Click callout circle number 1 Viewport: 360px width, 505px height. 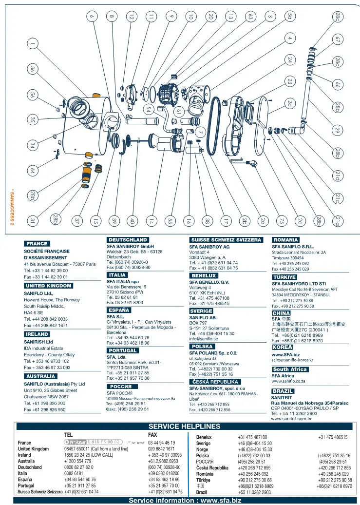coord(32,44)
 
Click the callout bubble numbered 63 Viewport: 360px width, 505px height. coord(250,17)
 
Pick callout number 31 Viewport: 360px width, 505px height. coord(32,221)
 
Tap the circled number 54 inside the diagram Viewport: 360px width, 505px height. coord(148,109)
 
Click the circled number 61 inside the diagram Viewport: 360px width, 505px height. coord(179,111)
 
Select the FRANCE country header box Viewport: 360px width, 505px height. coord(37,244)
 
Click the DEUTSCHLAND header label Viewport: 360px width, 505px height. coord(127,240)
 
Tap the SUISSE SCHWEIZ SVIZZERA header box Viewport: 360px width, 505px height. coord(226,240)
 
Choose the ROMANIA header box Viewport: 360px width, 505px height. coord(285,240)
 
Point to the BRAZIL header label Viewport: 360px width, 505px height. coord(283,391)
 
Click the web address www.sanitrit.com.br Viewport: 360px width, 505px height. coord(291,418)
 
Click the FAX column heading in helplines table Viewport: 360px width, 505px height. coord(152,434)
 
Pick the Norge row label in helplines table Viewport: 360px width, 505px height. coord(202,449)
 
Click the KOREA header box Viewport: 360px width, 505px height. coord(283,348)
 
